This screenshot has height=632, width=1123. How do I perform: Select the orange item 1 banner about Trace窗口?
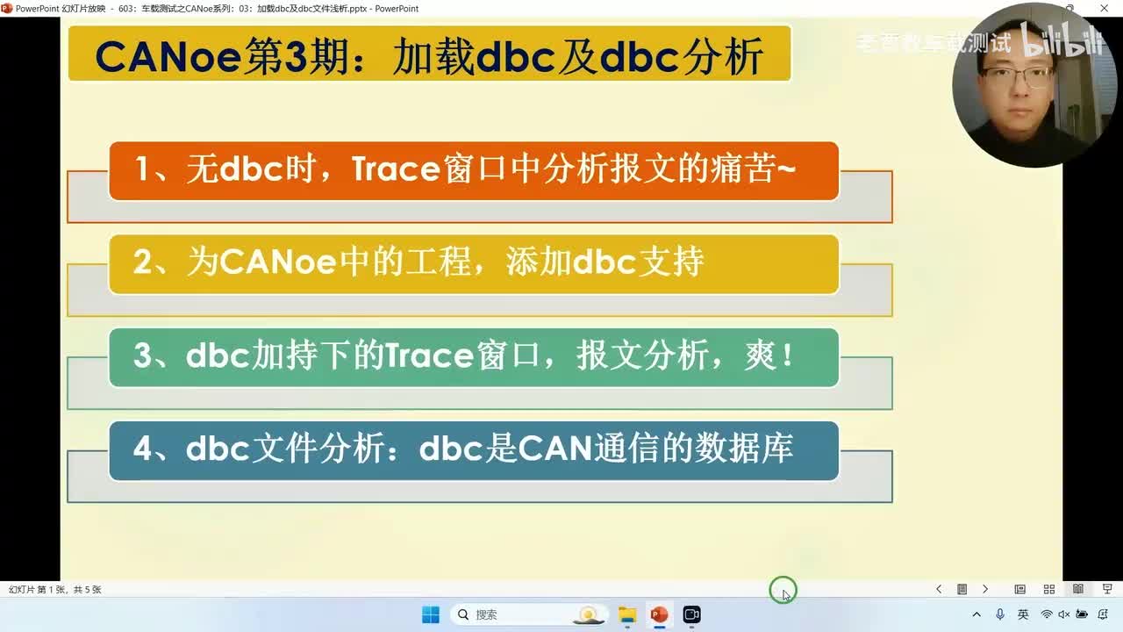(x=474, y=170)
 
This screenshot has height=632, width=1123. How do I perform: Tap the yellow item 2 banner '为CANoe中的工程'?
(x=474, y=263)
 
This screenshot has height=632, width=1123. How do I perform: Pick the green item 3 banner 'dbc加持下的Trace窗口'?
(x=474, y=357)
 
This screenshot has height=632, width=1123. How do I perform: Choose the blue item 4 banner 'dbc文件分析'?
(x=474, y=450)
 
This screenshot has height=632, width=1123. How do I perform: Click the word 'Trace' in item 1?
(x=395, y=169)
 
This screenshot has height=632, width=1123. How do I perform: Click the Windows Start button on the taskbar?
(x=431, y=614)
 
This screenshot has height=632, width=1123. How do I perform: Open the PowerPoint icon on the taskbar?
(x=659, y=614)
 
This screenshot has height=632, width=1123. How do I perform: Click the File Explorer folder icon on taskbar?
(x=627, y=614)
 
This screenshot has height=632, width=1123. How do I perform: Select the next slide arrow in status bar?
(x=985, y=589)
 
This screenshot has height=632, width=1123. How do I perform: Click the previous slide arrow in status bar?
(x=939, y=589)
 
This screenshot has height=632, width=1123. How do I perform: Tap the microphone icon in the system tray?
(x=1000, y=614)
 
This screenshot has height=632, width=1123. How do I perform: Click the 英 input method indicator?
(x=1023, y=614)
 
